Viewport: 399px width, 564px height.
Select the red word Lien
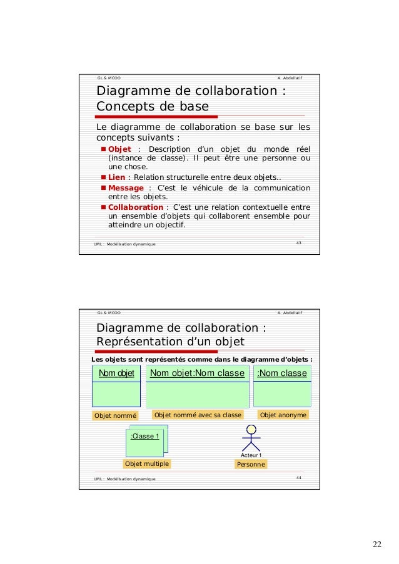[x=116, y=178]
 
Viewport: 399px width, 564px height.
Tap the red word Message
[x=126, y=188]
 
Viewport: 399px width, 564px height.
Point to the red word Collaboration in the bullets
[x=136, y=207]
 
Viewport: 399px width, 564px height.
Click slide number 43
[x=298, y=242]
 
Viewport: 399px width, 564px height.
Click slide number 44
[x=298, y=478]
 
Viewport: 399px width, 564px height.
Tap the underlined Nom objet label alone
[x=116, y=374]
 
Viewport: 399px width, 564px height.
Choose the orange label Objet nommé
[x=114, y=415]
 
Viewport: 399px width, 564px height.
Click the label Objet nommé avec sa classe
[x=198, y=415]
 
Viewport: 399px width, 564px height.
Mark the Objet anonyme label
[x=283, y=415]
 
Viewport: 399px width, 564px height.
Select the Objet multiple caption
[x=147, y=463]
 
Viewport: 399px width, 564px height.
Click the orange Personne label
[x=251, y=465]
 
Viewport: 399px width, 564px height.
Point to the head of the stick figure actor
[x=251, y=430]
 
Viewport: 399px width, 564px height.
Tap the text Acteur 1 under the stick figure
[x=251, y=455]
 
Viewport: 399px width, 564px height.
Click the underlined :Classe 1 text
[x=144, y=436]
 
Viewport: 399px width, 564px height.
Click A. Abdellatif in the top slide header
[x=289, y=77]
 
